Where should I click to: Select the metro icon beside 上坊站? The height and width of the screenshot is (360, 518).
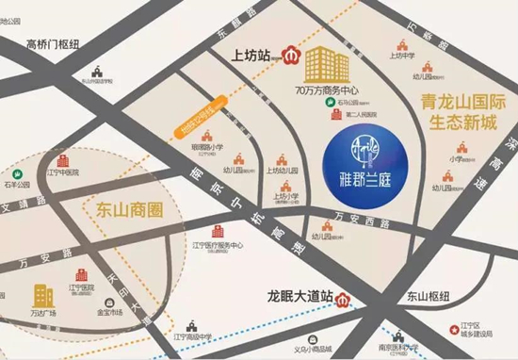tap(292, 57)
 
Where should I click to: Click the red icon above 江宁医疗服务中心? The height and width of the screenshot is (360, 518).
tap(216, 231)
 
